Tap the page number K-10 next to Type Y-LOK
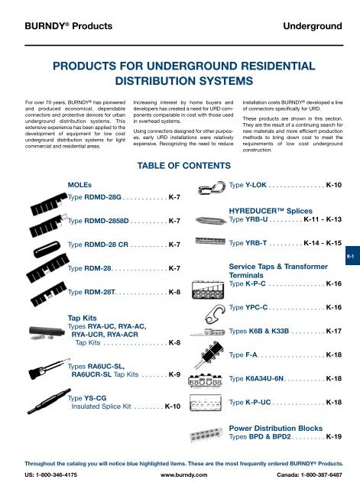(x=339, y=185)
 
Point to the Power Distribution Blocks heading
(x=279, y=429)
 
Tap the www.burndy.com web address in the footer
(x=180, y=478)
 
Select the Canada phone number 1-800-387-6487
(x=325, y=478)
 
